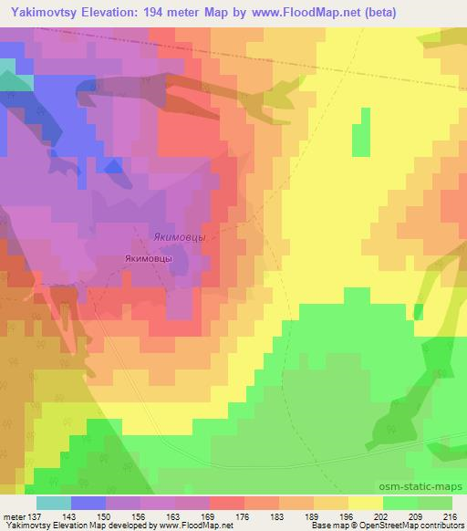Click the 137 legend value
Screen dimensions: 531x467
tap(35, 516)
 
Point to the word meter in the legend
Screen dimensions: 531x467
tap(13, 516)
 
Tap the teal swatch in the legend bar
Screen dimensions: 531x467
tap(53, 503)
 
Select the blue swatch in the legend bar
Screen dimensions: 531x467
tap(88, 503)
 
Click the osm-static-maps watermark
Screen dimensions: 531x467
tap(427, 488)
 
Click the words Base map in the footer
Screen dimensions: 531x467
tap(325, 526)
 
